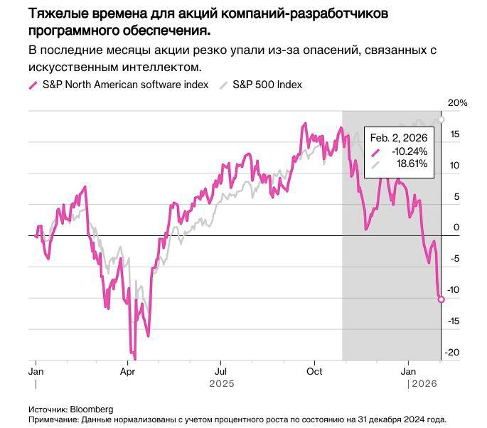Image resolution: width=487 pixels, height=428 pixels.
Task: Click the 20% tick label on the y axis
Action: tap(457, 103)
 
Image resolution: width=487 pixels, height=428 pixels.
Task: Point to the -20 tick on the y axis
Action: tap(454, 353)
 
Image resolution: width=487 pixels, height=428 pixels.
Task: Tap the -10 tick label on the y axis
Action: tap(454, 290)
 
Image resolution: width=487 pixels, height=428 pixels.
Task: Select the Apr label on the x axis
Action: tap(127, 372)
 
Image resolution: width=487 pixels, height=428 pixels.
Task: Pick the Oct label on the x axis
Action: tap(314, 372)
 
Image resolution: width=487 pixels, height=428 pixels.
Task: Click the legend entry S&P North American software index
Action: tap(125, 85)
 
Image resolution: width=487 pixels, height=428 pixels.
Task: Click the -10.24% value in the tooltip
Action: tap(410, 151)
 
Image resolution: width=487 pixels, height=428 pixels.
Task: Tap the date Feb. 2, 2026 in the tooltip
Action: tap(400, 138)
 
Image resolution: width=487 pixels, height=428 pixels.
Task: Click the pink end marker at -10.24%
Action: tap(441, 299)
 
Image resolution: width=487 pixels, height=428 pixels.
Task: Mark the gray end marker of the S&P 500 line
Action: tap(441, 119)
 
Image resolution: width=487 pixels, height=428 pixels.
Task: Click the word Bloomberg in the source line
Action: tap(91, 410)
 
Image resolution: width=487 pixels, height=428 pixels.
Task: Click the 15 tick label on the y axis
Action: tap(454, 134)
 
